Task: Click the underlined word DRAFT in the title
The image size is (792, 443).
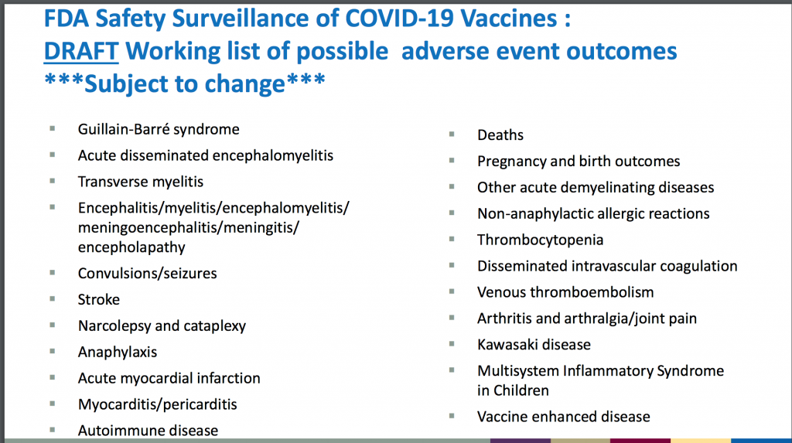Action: tap(81, 52)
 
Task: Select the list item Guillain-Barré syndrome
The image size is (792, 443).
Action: tap(159, 130)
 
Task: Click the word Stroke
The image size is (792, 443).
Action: tap(98, 299)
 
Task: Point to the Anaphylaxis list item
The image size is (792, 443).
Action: tap(118, 352)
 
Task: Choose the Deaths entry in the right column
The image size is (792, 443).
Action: tap(500, 135)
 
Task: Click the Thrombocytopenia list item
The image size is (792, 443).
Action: tap(540, 240)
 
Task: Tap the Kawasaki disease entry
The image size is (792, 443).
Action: tap(534, 345)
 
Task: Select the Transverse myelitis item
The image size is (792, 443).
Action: tap(141, 182)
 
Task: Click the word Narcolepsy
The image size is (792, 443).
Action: tap(114, 326)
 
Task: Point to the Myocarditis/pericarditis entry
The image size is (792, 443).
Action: tap(157, 404)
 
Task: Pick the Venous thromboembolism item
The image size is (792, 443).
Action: tap(565, 292)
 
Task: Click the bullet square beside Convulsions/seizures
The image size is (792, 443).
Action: tap(53, 273)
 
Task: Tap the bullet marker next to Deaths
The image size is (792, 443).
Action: tap(452, 135)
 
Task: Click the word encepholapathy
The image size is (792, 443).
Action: tap(131, 247)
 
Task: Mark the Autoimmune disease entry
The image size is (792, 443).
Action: tap(148, 431)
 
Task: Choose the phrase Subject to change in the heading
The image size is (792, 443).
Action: tap(185, 83)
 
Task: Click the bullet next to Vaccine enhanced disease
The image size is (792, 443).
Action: tap(452, 416)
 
